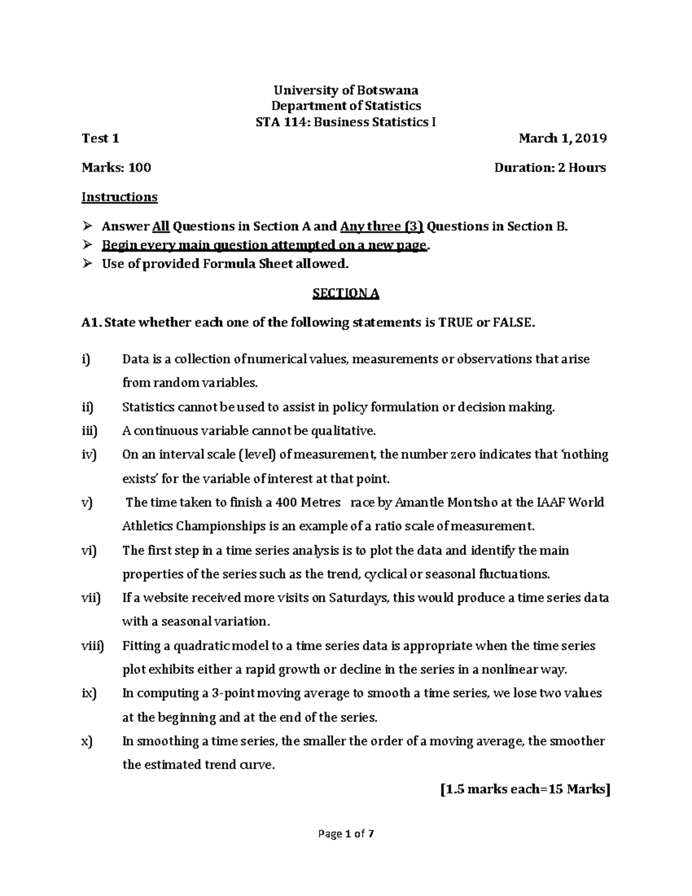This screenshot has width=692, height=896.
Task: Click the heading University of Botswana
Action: tap(346, 90)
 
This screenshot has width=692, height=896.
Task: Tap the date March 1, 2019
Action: tap(562, 138)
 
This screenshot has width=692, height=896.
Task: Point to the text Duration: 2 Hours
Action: tap(550, 168)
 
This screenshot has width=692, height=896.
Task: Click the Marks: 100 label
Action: tap(116, 168)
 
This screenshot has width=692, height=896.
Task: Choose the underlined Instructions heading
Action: tap(119, 197)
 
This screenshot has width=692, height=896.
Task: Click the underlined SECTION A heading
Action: tap(345, 294)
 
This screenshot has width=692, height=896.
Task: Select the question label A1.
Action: tap(92, 323)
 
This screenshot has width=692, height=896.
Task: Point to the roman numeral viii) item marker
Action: tap(92, 646)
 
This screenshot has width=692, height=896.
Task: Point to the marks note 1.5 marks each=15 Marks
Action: tap(524, 790)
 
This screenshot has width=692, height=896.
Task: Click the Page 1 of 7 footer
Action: tap(346, 834)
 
